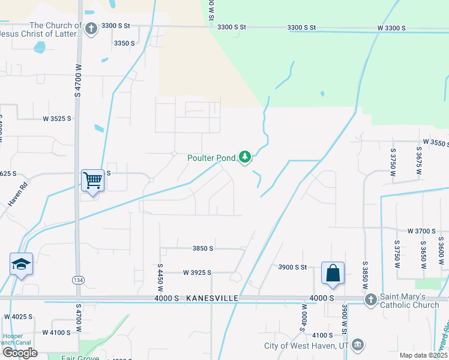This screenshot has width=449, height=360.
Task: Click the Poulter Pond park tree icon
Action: [245, 157]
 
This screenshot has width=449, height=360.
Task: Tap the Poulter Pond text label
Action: [211, 158]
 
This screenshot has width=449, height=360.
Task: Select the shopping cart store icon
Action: [92, 179]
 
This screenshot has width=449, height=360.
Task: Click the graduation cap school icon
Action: [21, 263]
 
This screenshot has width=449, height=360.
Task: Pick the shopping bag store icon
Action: [333, 272]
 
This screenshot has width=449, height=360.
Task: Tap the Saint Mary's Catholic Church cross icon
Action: [371, 299]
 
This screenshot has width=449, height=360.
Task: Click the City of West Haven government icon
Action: [358, 345]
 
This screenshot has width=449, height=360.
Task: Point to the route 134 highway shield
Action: [78, 280]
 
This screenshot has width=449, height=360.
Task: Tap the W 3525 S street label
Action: [57, 119]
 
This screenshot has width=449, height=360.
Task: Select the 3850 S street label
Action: [202, 248]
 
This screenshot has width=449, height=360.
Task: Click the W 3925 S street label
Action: [197, 272]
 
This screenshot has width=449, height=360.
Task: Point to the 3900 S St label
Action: [292, 267]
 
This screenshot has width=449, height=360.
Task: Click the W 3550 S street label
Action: [435, 142]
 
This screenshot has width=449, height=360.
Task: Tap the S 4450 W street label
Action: [160, 277]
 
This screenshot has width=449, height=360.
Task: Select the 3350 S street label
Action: [124, 43]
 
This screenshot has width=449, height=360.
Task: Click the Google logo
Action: [20, 353]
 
